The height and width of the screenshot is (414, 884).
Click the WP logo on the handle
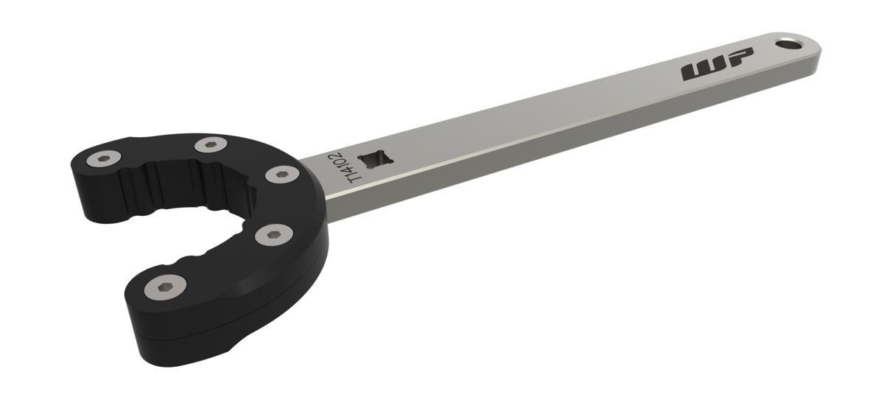tap(717, 66)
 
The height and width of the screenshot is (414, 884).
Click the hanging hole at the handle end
tap(791, 44)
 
